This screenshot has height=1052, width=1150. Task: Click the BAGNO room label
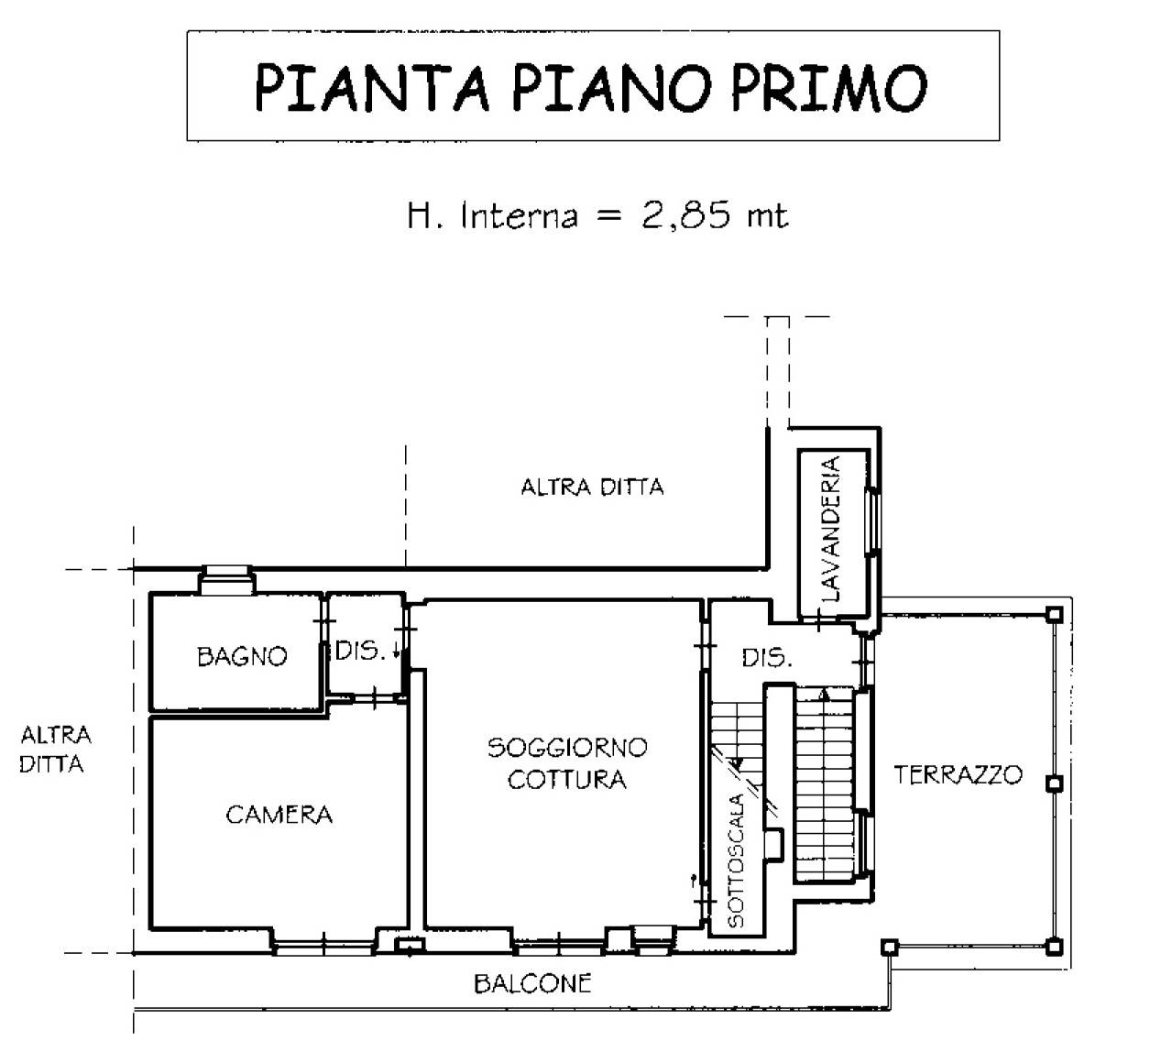[242, 657]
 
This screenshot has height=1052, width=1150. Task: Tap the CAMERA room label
[279, 815]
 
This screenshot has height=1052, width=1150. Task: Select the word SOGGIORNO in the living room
[567, 748]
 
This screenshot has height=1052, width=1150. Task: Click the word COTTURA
[567, 780]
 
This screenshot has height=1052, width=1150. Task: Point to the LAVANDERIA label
[831, 529]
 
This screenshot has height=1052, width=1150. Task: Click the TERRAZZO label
[958, 775]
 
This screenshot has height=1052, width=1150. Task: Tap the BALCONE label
[532, 984]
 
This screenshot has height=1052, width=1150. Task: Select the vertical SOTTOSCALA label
[736, 860]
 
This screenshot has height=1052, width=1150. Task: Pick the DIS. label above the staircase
[767, 658]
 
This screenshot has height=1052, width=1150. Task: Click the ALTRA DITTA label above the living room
[592, 488]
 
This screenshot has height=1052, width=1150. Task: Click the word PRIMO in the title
[829, 88]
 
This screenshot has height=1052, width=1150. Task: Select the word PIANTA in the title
[372, 88]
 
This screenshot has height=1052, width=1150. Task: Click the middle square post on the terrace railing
[1055, 784]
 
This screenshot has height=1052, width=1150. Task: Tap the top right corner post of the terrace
[1055, 615]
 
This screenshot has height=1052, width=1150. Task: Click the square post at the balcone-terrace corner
[889, 947]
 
